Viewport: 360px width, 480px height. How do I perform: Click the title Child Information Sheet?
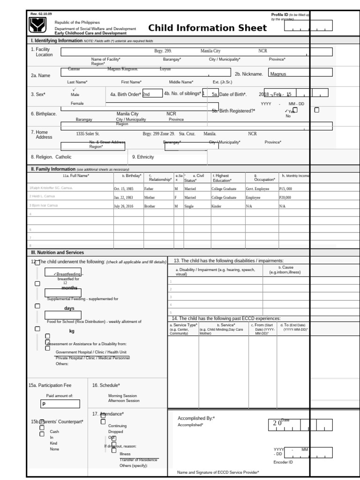click(x=208, y=28)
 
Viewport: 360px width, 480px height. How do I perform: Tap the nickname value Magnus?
click(x=277, y=74)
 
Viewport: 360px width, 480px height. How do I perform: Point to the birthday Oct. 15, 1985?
click(x=124, y=188)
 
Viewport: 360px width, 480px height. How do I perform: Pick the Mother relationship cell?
click(x=150, y=197)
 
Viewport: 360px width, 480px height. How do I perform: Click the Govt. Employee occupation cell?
click(x=256, y=188)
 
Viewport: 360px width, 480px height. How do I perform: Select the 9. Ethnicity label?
click(x=143, y=157)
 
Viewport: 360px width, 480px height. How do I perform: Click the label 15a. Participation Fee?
click(x=50, y=385)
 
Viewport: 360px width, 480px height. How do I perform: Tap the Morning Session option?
click(x=122, y=396)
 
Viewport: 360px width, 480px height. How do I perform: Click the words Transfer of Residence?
click(x=139, y=460)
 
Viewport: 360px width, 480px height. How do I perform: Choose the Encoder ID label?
click(x=283, y=462)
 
